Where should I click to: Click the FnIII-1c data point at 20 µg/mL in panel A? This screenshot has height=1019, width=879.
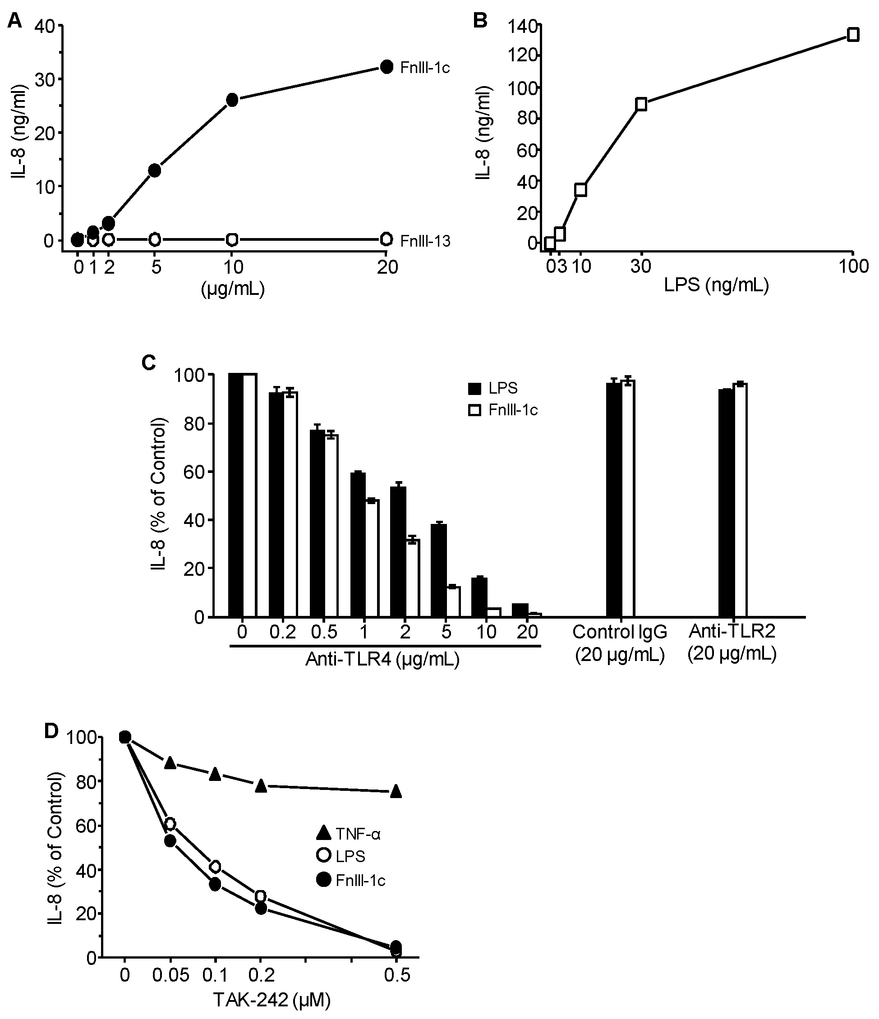point(387,67)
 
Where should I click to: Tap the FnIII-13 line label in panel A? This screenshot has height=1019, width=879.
point(425,241)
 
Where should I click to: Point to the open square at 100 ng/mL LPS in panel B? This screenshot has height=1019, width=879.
point(853,34)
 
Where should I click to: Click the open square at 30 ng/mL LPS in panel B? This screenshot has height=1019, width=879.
point(641,104)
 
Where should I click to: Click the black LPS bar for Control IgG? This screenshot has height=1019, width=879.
point(613,500)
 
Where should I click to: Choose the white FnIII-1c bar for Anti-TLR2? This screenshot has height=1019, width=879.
point(740,500)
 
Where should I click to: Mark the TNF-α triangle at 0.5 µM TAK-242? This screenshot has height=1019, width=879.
point(396,792)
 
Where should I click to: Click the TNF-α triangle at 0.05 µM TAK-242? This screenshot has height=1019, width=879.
point(170,763)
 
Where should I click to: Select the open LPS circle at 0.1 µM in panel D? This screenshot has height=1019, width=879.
point(215,867)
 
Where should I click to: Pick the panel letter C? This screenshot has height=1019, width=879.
point(148,363)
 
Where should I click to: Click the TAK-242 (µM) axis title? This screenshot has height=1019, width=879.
point(272,999)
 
